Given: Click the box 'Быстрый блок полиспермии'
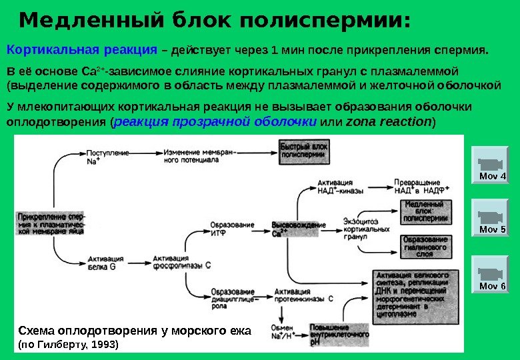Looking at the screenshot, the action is tap(303, 150).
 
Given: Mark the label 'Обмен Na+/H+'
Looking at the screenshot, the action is tap(283, 331).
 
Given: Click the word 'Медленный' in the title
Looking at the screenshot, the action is tap(73, 21).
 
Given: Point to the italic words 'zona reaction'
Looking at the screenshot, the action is tap(389, 122).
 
